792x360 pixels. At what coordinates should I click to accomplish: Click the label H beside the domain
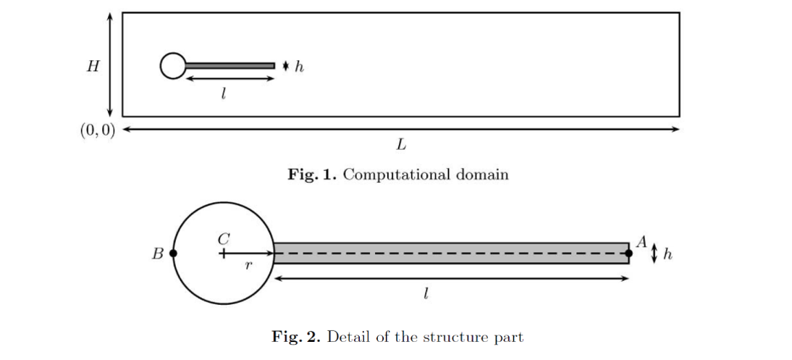[x=92, y=67]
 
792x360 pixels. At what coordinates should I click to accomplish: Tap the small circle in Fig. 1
[x=172, y=66]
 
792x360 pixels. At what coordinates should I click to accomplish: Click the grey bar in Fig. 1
[x=230, y=66]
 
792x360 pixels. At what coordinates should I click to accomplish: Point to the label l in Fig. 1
[x=224, y=93]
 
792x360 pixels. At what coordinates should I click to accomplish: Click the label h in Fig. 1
[x=299, y=67]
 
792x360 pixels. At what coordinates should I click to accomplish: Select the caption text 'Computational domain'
[x=426, y=175]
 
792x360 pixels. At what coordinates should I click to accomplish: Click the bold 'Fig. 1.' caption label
[x=312, y=175]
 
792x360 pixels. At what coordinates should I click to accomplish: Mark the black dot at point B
[x=173, y=254]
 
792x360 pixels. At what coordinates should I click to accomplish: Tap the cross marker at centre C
[x=223, y=254]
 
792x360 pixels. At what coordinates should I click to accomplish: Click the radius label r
[x=248, y=267]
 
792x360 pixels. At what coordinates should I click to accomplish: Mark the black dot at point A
[x=628, y=253]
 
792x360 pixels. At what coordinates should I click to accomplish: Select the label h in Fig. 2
[x=667, y=254]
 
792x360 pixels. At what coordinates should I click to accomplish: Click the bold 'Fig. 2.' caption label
[x=297, y=337]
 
